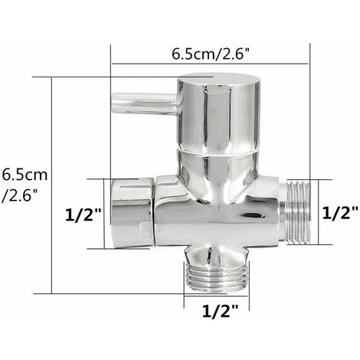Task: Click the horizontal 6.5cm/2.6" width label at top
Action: point(208,55)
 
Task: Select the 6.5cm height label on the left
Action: point(25,174)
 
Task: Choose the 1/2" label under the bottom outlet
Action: point(220,310)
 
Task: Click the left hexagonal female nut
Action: point(132,213)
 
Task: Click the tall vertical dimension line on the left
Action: point(52,184)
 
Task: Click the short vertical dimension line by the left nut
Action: point(107,214)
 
